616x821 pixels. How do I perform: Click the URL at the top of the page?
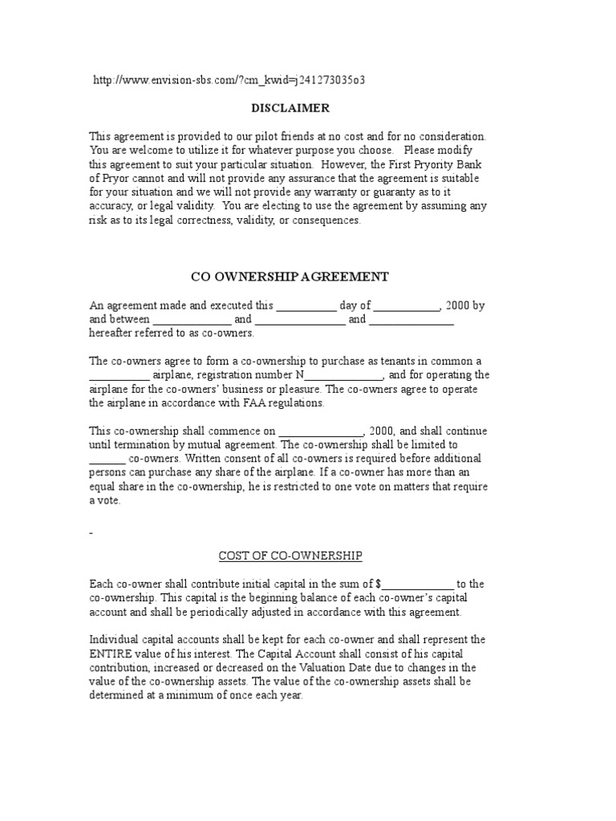pyautogui.click(x=233, y=81)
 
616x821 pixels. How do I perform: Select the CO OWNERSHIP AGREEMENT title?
pyautogui.click(x=290, y=277)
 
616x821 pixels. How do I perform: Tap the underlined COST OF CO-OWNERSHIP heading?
pyautogui.click(x=290, y=555)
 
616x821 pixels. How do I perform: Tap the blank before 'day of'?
pyautogui.click(x=306, y=305)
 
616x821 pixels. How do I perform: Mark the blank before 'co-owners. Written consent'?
pyautogui.click(x=107, y=459)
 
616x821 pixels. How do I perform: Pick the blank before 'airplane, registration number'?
pyautogui.click(x=119, y=374)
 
